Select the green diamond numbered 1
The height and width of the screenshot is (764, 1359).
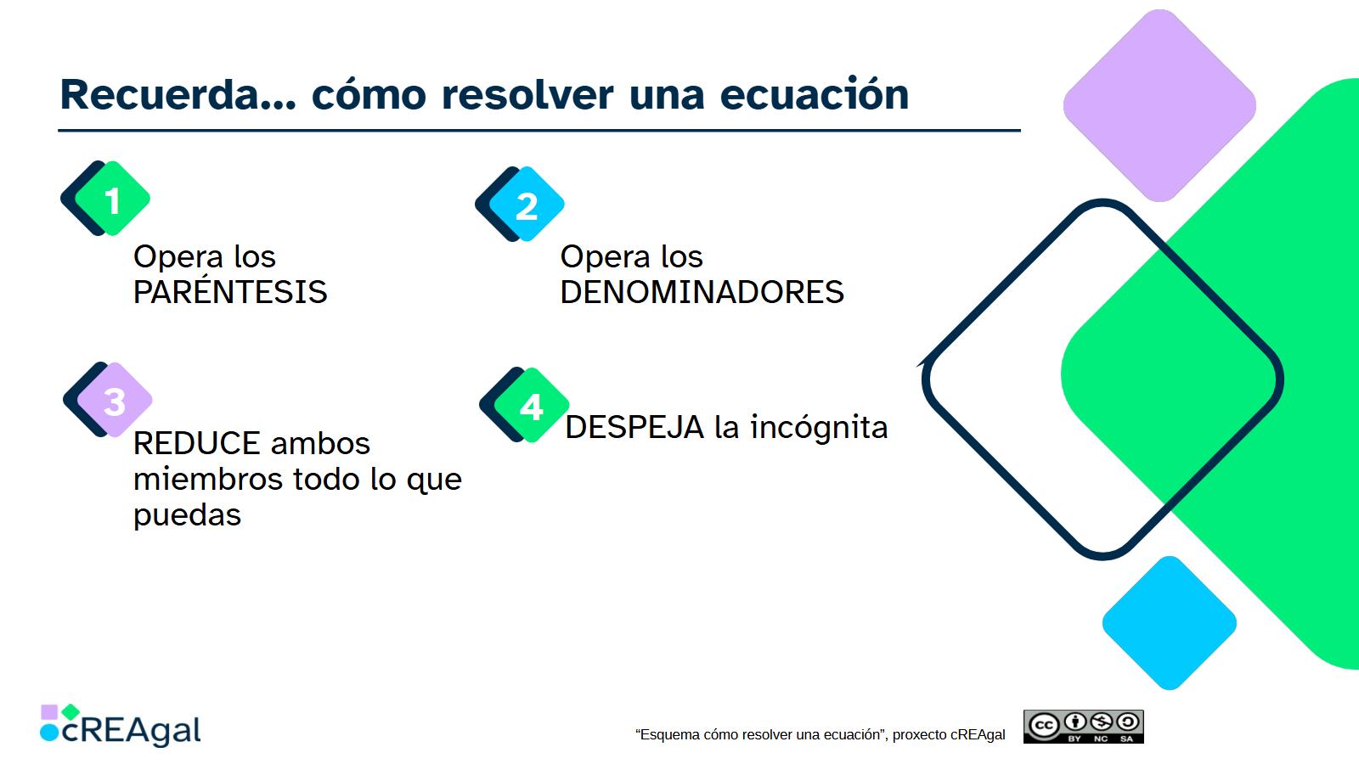tap(113, 200)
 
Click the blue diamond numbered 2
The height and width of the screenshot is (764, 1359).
tap(527, 205)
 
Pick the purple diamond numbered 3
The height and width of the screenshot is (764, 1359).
tap(116, 401)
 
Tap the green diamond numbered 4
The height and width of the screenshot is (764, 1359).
tap(532, 407)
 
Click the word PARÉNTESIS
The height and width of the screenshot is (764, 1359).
tap(230, 292)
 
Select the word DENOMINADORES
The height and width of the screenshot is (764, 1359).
tap(702, 292)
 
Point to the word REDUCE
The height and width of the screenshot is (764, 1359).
tap(196, 443)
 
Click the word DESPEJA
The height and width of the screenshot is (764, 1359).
tap(634, 427)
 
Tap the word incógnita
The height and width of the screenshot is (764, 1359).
tap(819, 427)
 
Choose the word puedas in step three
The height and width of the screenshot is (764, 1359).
tap(187, 515)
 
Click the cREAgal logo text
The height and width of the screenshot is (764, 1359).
tap(132, 731)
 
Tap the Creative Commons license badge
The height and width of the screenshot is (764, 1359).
tap(1083, 727)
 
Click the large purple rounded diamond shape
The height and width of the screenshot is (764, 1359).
tap(1159, 106)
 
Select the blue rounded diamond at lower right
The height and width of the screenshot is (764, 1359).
tap(1169, 623)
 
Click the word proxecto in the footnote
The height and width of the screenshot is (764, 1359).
tap(919, 735)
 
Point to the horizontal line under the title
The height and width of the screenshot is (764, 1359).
tap(539, 131)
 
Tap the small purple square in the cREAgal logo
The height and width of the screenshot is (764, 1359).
tap(49, 711)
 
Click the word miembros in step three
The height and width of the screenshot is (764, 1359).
tap(209, 480)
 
